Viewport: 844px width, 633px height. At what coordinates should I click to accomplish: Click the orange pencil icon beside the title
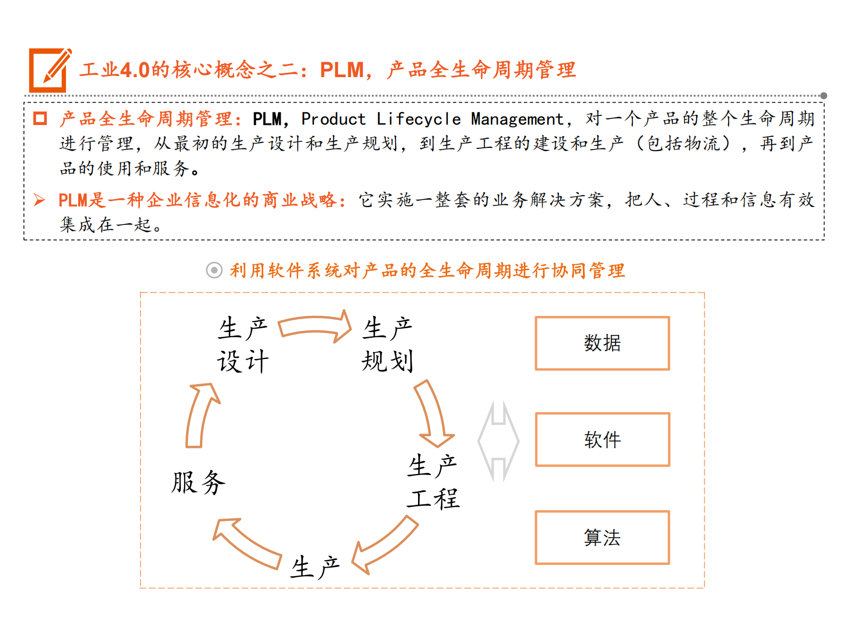[49, 70]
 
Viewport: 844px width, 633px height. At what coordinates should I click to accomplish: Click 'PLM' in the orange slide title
[341, 70]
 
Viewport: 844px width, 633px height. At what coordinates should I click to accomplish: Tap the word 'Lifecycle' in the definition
[419, 119]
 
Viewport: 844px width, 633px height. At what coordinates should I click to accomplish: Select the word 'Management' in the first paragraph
[517, 119]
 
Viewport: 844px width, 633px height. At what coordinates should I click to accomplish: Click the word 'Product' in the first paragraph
[333, 119]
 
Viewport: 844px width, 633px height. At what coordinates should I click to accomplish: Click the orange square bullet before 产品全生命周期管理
[40, 118]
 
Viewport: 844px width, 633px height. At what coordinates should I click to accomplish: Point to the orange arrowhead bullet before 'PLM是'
[39, 200]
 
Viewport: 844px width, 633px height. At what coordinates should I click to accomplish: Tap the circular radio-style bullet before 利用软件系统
[214, 270]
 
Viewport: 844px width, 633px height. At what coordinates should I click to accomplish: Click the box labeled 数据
[602, 343]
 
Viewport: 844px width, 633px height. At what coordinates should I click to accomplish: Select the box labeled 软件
[602, 439]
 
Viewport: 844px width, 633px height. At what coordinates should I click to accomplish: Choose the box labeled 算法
[602, 537]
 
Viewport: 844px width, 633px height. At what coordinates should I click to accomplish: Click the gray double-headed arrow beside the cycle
[498, 441]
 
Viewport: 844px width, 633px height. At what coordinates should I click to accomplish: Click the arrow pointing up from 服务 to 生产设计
[200, 415]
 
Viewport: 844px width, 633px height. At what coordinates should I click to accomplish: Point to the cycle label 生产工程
[433, 482]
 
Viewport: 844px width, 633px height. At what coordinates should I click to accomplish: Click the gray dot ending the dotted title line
[823, 96]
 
